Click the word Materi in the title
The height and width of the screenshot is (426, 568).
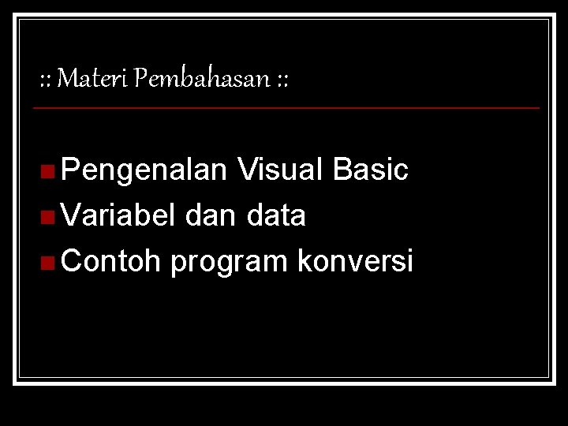(x=94, y=79)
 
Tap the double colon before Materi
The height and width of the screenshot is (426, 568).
(x=46, y=80)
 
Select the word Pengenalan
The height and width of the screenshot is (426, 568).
(x=144, y=170)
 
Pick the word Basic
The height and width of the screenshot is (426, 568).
(x=371, y=170)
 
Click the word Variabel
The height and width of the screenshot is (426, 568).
(x=118, y=215)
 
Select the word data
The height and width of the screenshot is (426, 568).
(x=275, y=215)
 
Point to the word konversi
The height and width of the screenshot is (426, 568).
(x=355, y=261)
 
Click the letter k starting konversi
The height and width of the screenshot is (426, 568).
(x=304, y=261)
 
